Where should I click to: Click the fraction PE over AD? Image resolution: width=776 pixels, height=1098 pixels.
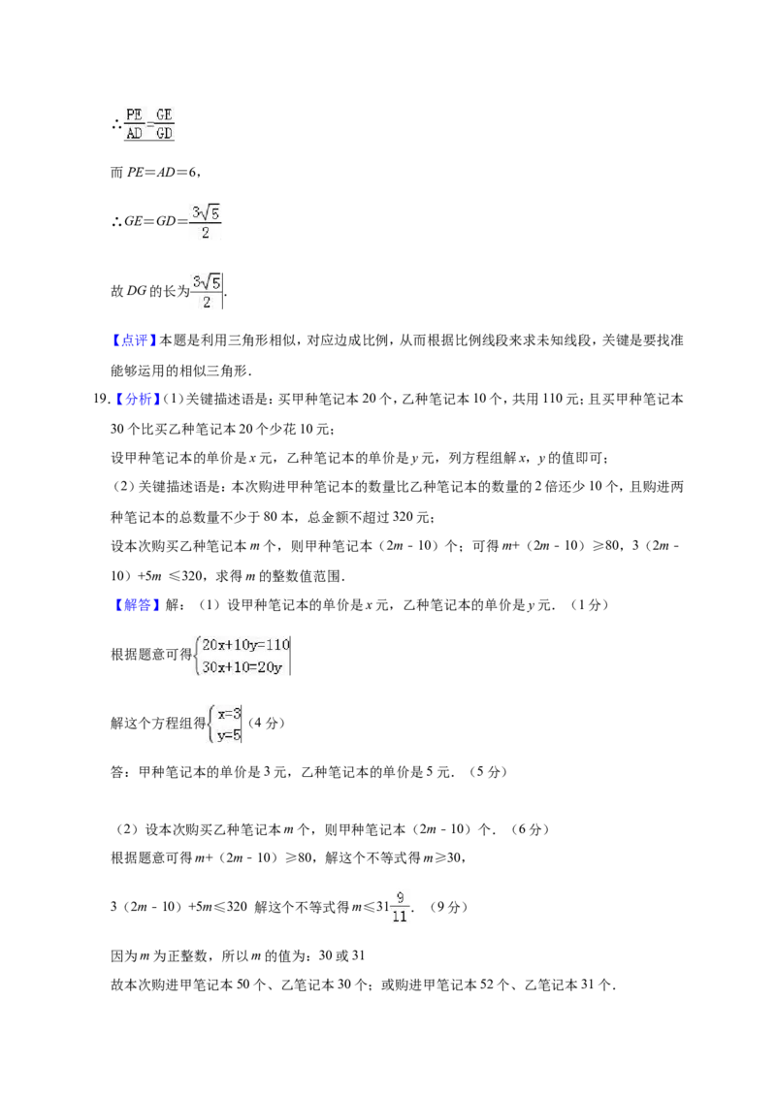pos(135,123)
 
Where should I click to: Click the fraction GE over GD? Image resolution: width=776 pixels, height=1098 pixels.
pos(164,123)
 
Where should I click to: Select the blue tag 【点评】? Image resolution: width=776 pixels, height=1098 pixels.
pos(131,340)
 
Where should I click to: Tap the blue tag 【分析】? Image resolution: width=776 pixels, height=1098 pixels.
pos(136,400)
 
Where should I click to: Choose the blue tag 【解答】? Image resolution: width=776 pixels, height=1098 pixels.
pos(131,605)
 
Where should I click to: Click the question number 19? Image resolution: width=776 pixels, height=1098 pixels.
pos(101,400)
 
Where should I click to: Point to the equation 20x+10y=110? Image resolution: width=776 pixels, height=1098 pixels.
pos(245,645)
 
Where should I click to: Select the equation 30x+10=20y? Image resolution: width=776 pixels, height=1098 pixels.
pos(242,667)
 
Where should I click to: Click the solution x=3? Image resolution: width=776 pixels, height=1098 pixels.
pos(230,714)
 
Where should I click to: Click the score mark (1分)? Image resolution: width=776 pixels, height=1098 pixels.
pos(590,605)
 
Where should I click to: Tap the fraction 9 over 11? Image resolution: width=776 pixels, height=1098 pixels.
pos(400,907)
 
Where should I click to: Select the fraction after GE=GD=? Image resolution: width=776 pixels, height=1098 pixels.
pos(206,222)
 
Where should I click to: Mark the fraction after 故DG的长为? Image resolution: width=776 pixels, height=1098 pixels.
pos(207,291)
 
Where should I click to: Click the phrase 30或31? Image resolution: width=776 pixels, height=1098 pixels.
pos(341,955)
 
